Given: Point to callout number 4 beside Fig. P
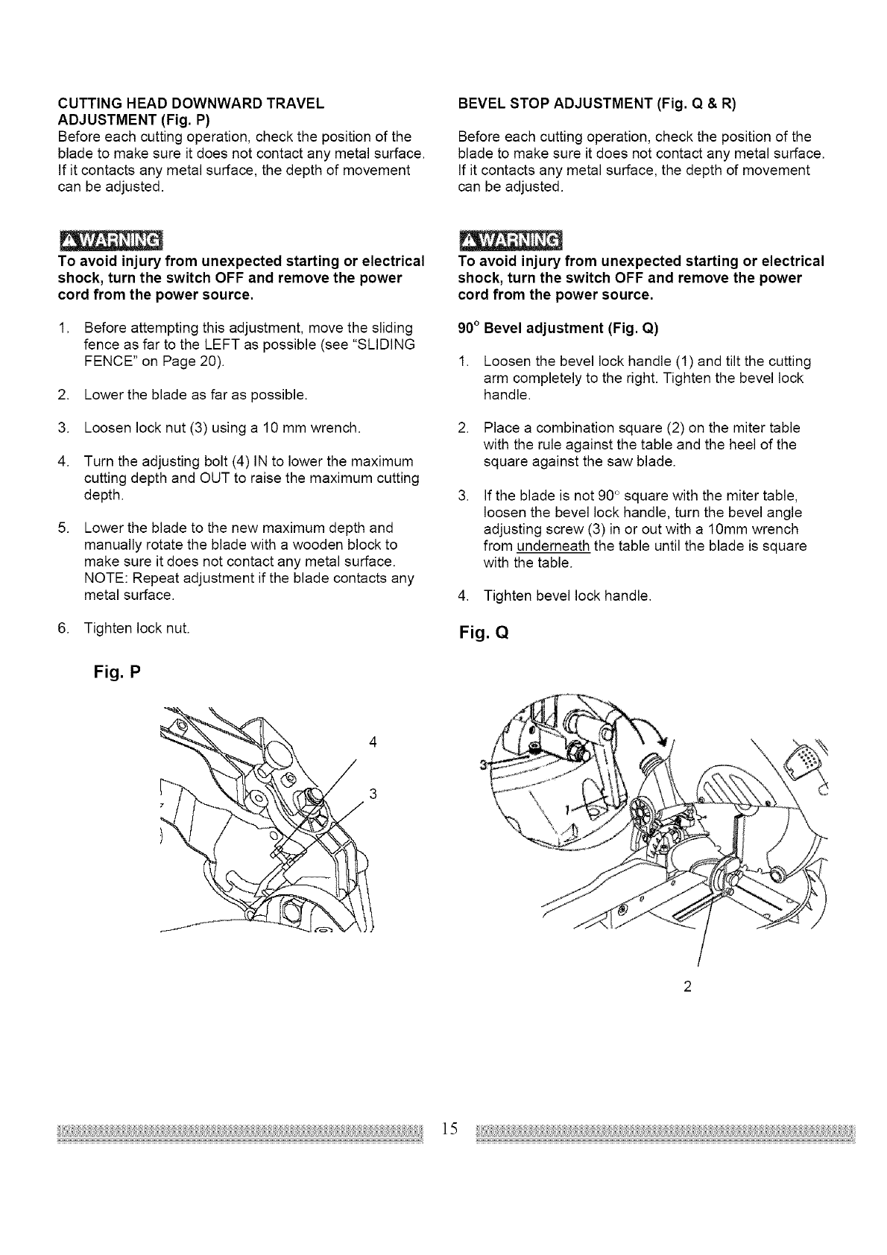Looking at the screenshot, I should coord(371,742).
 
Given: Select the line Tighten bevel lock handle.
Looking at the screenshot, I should coord(567,596).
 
